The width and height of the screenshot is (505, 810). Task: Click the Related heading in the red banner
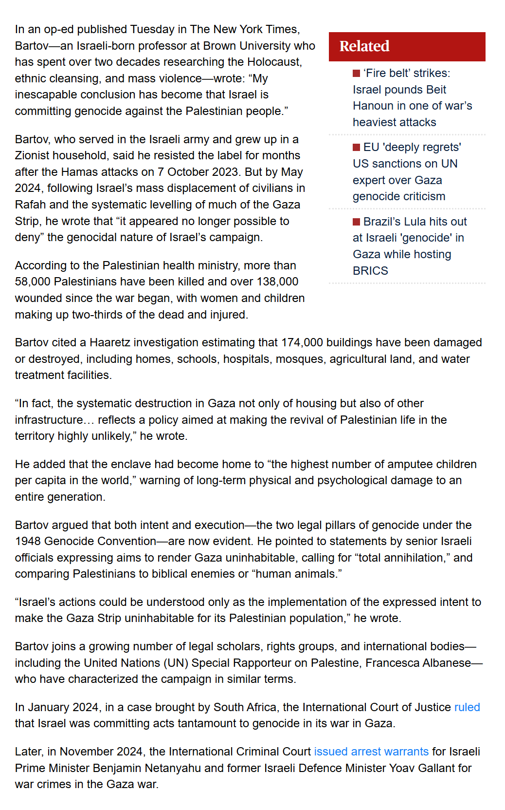364,46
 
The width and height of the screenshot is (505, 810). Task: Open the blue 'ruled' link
467,707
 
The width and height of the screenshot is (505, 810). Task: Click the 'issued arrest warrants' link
371,752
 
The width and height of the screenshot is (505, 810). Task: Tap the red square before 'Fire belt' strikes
357,74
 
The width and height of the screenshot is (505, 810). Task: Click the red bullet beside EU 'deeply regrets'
357,148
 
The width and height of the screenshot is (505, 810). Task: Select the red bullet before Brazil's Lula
357,222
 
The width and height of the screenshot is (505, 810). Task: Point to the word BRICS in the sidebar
370,271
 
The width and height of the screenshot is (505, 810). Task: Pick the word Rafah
30,205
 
